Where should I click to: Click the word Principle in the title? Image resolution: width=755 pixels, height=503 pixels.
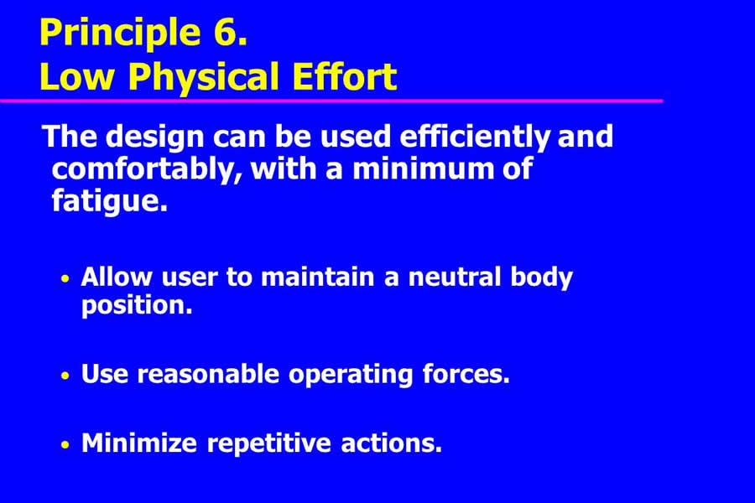click(120, 34)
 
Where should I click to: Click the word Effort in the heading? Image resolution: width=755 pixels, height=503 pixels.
click(344, 76)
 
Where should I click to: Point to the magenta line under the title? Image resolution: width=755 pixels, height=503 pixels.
click(331, 101)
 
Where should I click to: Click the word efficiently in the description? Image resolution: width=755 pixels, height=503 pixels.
click(474, 137)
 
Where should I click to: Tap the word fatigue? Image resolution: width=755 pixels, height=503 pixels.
click(109, 201)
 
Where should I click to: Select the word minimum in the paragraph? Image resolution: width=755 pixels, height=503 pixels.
click(424, 169)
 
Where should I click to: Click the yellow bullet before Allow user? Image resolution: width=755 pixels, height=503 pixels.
click(65, 278)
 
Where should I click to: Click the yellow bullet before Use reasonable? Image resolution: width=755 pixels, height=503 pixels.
click(65, 376)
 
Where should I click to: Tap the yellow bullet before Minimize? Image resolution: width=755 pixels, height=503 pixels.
click(65, 445)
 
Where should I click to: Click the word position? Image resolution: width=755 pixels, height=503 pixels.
click(137, 306)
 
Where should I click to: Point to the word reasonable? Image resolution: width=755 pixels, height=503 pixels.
click(208, 375)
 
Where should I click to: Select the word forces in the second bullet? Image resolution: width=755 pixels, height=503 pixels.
click(466, 374)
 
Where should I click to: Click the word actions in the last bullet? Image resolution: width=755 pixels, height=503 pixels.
click(392, 443)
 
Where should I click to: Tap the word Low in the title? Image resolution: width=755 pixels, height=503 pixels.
click(77, 77)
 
